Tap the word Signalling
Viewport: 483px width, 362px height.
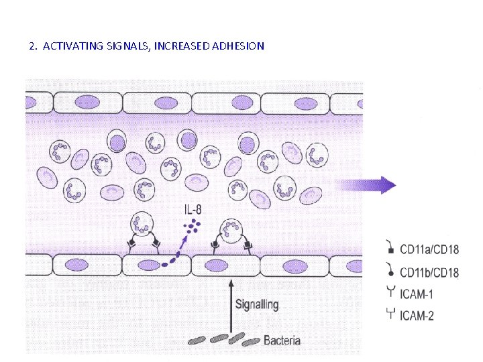[256, 304]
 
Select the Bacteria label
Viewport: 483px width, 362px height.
[282, 340]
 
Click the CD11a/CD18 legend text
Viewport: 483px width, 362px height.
[429, 250]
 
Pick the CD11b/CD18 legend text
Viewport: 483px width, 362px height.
[429, 272]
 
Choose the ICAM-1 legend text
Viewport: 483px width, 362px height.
[417, 293]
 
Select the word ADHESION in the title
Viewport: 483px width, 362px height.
[238, 46]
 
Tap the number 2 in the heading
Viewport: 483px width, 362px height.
[32, 46]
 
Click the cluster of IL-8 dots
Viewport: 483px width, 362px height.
[193, 226]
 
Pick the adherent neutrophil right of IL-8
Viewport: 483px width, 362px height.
[231, 231]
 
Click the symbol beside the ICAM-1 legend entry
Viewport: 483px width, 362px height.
[390, 292]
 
